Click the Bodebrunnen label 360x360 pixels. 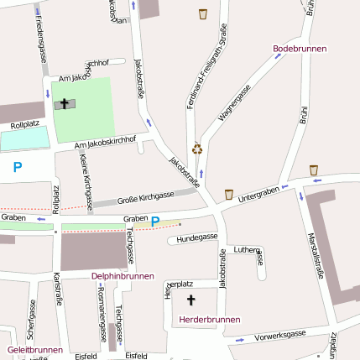300,49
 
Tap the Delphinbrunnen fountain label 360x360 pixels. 123,275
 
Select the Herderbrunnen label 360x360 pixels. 210,319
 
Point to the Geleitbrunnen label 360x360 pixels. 34,349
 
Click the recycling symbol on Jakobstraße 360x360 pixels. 197,149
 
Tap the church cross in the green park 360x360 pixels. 64,103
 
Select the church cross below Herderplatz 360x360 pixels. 190,300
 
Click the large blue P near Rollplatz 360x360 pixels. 17,168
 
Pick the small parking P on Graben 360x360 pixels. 154,222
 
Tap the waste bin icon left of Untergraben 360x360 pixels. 228,194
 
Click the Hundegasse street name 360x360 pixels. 196,238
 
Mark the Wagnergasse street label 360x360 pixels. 234,103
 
